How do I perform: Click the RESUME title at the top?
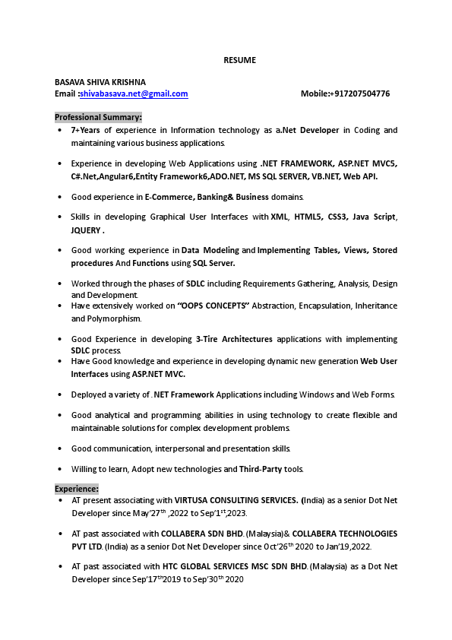pyautogui.click(x=239, y=60)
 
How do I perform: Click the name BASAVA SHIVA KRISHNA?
pyautogui.click(x=100, y=82)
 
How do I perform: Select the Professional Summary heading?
pyautogui.click(x=98, y=117)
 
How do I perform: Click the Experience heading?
pyautogui.click(x=77, y=489)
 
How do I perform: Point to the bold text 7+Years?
pyautogui.click(x=86, y=131)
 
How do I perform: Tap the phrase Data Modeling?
pyautogui.click(x=210, y=250)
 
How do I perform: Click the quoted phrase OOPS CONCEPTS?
pyautogui.click(x=213, y=306)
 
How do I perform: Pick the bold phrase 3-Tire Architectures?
pyautogui.click(x=234, y=339)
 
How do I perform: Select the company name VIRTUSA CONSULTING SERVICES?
pyautogui.click(x=236, y=501)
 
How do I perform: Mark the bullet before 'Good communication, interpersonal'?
pyautogui.click(x=60, y=448)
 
